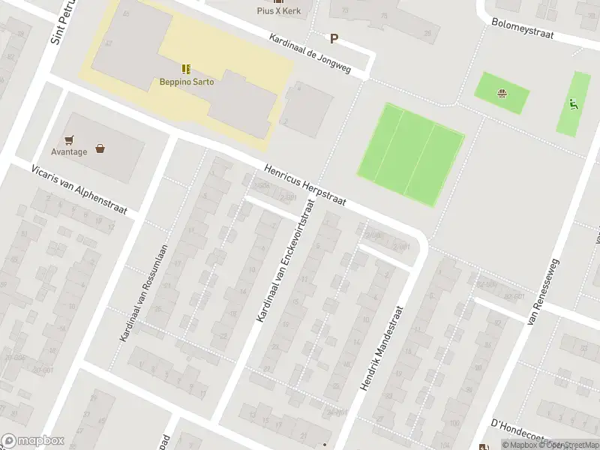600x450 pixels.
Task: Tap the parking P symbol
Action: [334, 39]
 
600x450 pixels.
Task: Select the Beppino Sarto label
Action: [186, 82]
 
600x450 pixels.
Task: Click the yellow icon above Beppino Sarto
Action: [186, 68]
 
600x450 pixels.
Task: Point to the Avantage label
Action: [69, 151]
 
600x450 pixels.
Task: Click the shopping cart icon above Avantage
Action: [70, 139]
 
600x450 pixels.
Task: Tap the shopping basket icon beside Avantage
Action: [100, 148]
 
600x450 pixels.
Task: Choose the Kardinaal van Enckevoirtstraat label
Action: [283, 271]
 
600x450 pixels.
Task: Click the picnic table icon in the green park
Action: [502, 94]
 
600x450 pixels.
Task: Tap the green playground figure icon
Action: [574, 104]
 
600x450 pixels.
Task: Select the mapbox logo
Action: [33, 441]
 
